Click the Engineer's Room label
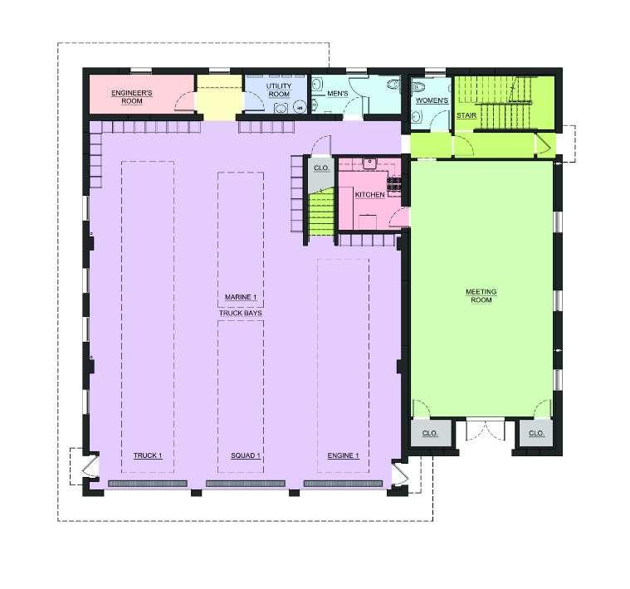132,97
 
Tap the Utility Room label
279,90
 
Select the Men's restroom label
338,94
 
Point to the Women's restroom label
432,100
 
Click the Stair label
466,115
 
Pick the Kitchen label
369,194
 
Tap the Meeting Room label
481,295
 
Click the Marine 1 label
241,297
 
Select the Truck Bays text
240,313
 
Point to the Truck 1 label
148,455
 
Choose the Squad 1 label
246,455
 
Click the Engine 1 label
343,455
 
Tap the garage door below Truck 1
148,484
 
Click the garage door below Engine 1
343,484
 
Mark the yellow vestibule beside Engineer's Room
219,97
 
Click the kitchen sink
369,163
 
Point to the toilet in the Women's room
419,87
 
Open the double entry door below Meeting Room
486,430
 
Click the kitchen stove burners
393,184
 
